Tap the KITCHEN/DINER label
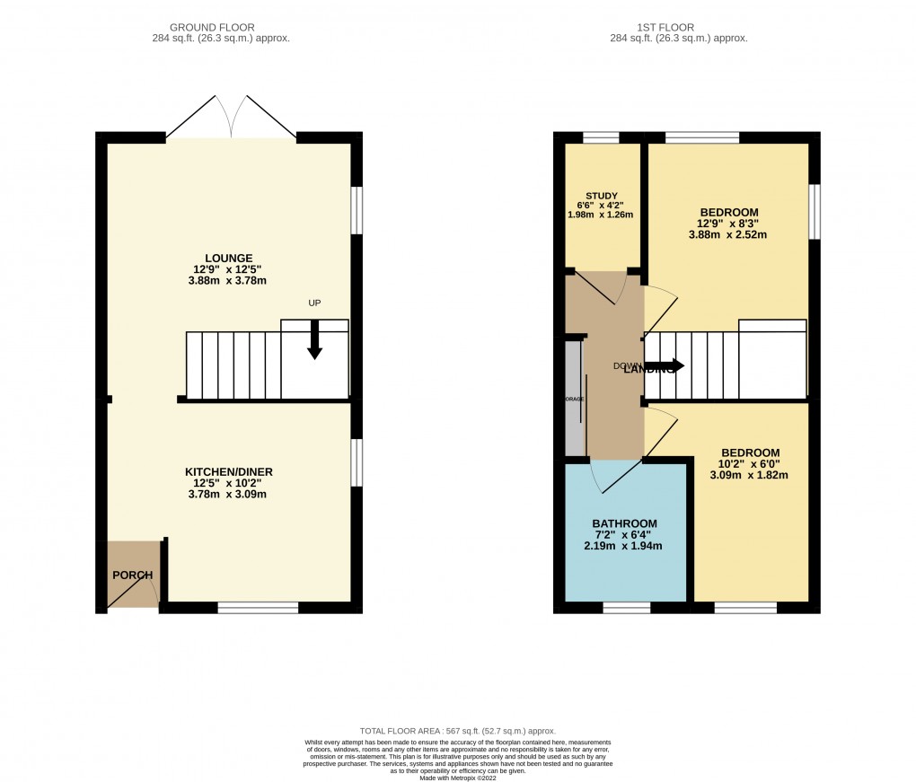tap(228, 471)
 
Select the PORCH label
tap(132, 575)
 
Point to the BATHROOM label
tap(624, 523)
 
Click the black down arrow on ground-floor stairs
tap(314, 341)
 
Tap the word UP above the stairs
tap(314, 303)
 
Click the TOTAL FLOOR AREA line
tap(458, 731)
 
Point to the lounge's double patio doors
tap(232, 117)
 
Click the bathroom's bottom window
tap(626, 608)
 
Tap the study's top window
tap(601, 137)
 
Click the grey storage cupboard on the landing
tap(573, 397)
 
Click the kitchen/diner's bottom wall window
tap(258, 608)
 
